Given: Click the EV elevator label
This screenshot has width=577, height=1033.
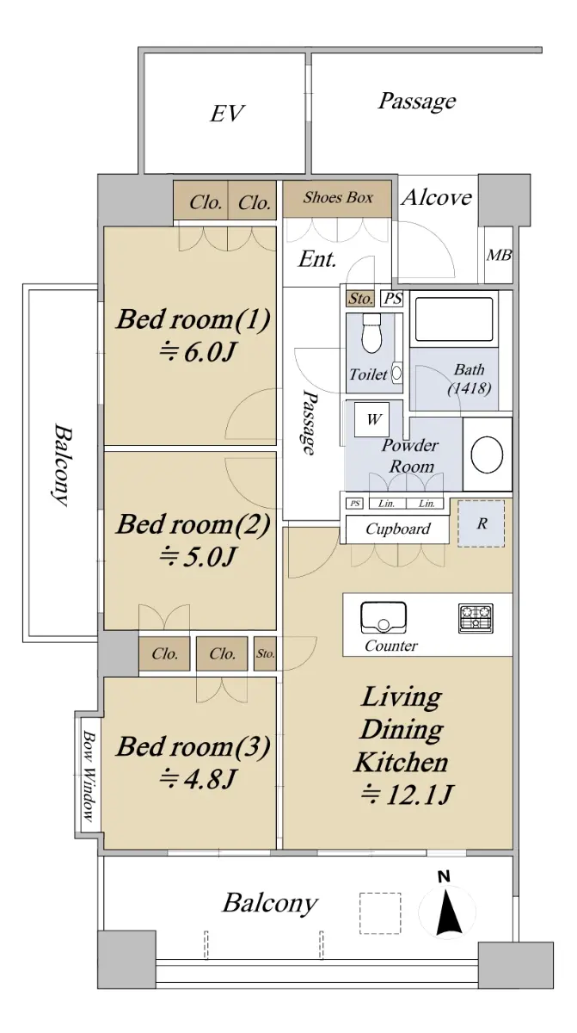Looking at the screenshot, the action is tap(227, 114).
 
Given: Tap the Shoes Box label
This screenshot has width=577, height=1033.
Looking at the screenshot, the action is tap(338, 197).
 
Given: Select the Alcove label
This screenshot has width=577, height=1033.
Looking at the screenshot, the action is tap(437, 197).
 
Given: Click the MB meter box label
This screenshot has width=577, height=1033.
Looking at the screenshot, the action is tap(499, 255).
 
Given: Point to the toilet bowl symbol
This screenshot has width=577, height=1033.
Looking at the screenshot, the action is tap(371, 333).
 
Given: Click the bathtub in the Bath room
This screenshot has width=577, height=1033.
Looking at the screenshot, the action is tap(453, 319).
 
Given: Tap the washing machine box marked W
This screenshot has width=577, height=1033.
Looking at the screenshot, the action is tap(371, 419).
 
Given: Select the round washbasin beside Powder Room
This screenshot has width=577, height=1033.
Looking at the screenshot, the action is tap(488, 455).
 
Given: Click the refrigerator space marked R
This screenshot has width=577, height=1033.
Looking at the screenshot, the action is tap(482, 523).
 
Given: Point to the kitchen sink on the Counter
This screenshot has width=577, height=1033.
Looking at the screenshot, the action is tap(384, 617).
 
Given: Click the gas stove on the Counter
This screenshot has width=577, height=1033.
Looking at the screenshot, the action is tap(476, 618).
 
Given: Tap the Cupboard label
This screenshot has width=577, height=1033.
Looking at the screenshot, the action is tap(398, 529).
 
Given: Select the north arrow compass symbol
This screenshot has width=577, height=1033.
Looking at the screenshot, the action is tap(446, 912).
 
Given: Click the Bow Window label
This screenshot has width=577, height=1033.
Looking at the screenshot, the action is tap(89, 776).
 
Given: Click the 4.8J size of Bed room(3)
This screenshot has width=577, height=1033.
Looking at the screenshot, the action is tap(198, 778).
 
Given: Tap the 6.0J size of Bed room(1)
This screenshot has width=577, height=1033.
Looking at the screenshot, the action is tap(198, 352).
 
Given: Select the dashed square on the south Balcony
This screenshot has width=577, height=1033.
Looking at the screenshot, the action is tap(380, 913).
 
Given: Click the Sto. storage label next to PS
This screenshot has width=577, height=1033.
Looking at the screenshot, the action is tap(360, 299).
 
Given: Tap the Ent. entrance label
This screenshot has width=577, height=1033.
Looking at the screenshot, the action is tap(316, 259).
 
